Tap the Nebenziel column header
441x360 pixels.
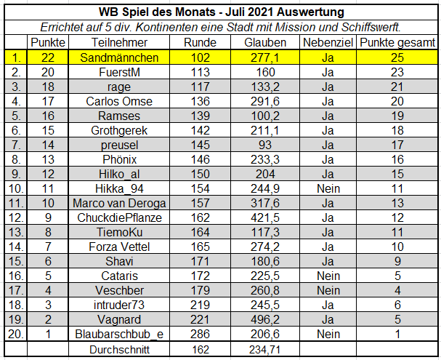(328, 43)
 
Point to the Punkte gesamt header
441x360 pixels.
(396, 43)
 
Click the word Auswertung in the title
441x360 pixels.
(308, 12)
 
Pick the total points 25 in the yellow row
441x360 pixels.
(396, 57)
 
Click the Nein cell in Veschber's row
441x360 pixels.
(328, 290)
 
